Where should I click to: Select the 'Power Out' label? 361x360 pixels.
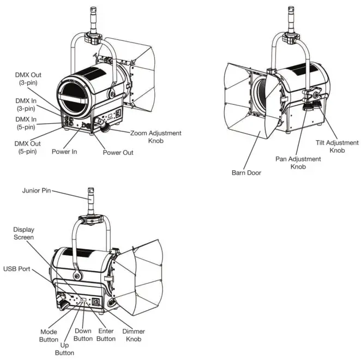[118, 152]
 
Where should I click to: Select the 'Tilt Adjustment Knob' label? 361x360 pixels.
[333, 146]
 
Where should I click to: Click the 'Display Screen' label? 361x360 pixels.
[23, 233]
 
